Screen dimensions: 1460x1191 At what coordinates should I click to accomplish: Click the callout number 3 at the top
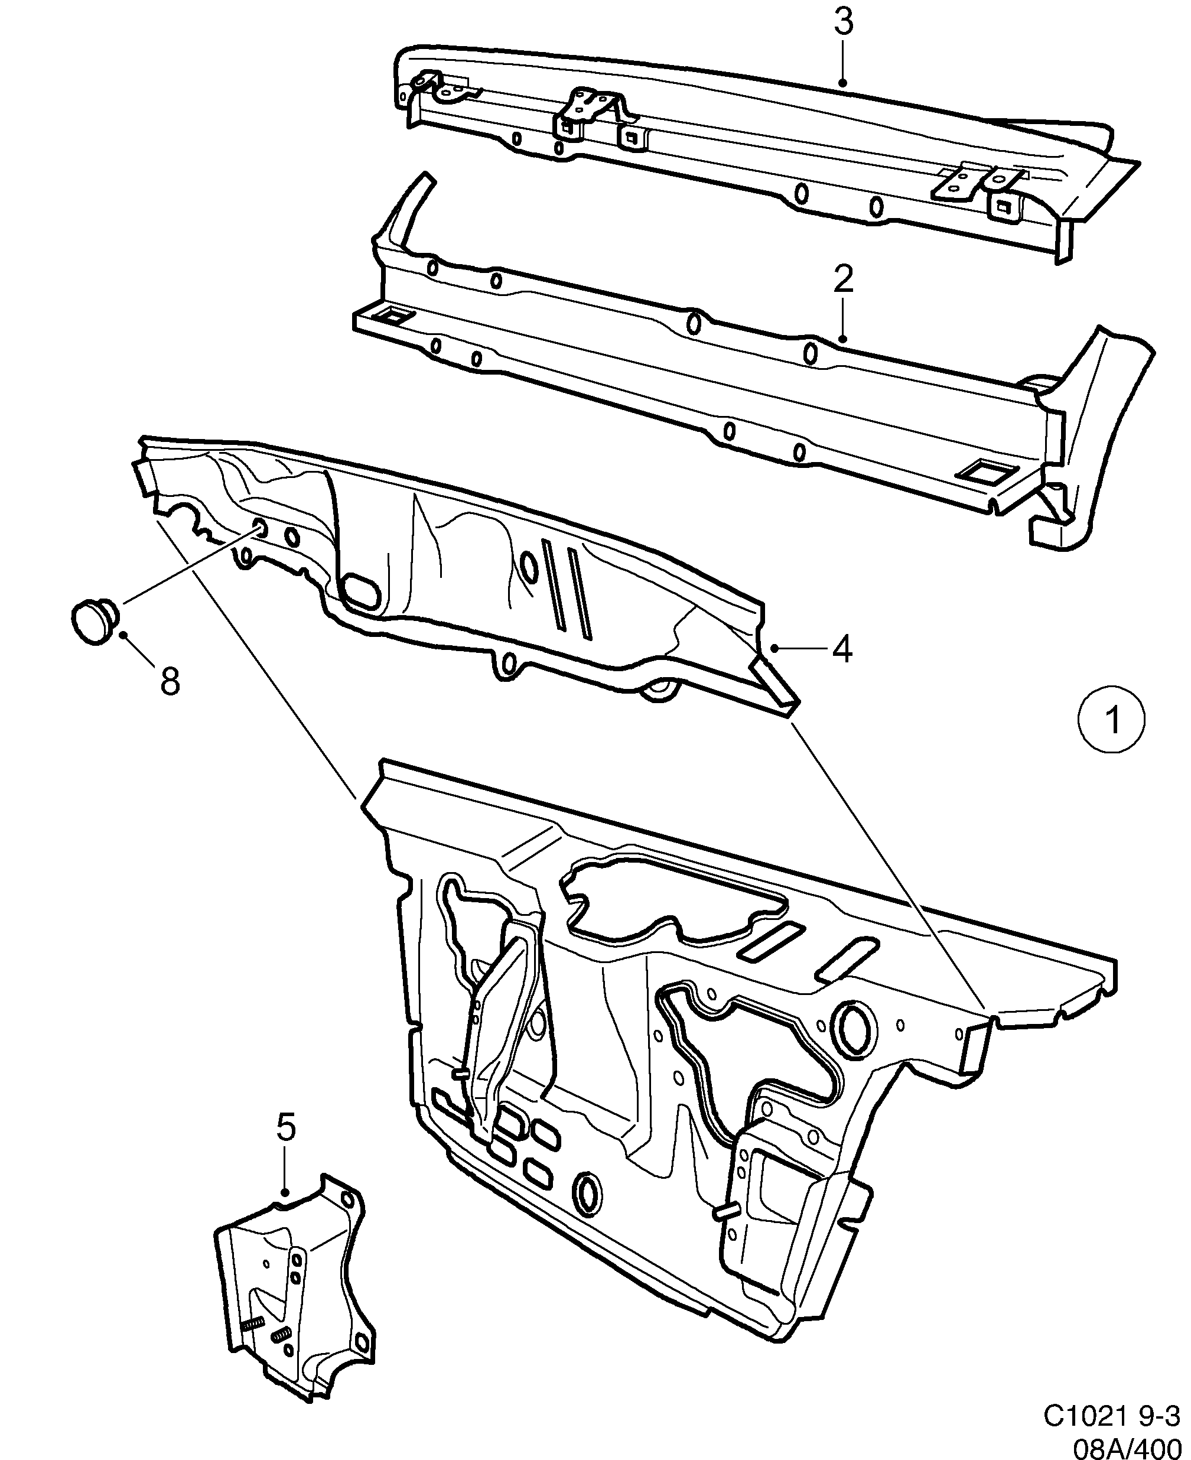pos(844,23)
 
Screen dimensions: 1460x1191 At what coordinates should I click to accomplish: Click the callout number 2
pos(843,280)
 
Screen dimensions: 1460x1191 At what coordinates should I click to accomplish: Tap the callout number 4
pos(842,648)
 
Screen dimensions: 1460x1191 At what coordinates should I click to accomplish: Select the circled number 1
pos(1111,720)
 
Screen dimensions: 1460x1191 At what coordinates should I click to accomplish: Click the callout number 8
pos(170,681)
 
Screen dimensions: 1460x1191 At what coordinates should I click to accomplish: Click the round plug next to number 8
pos(94,620)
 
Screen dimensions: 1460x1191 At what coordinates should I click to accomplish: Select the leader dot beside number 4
pos(775,647)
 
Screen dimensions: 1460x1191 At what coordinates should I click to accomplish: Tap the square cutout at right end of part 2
pos(983,473)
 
